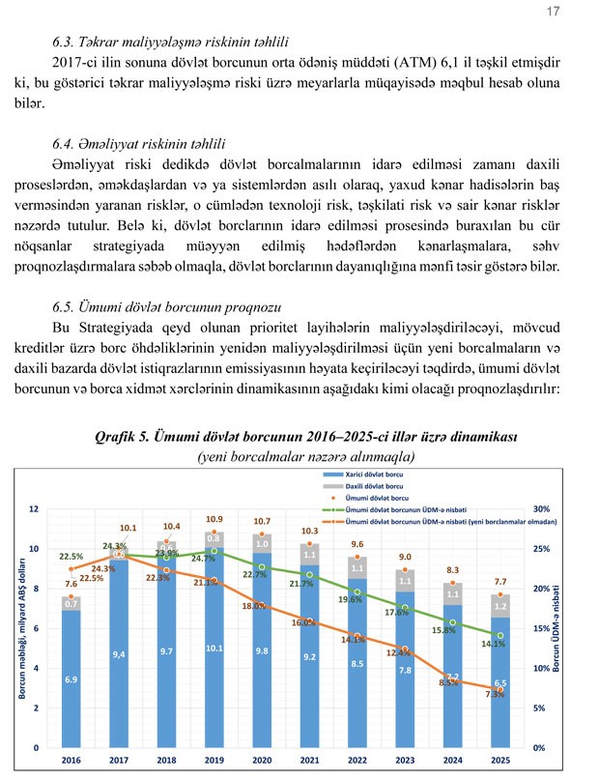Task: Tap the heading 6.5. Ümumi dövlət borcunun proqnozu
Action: pyautogui.click(x=157, y=308)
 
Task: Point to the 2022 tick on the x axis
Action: pyautogui.click(x=357, y=761)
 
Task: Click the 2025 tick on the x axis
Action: pyautogui.click(x=500, y=761)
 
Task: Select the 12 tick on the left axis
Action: pyautogui.click(x=34, y=508)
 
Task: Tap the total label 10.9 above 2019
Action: pyautogui.click(x=214, y=519)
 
